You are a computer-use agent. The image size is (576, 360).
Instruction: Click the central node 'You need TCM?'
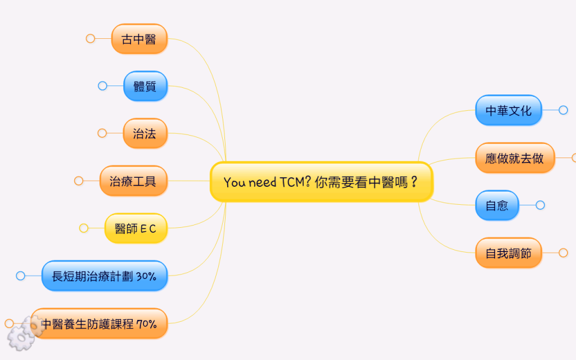pos(321,182)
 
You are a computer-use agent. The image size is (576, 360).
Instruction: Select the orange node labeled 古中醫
pos(139,39)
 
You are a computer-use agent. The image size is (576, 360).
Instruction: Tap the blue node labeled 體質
pos(146,86)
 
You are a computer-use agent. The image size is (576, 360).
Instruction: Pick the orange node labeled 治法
pos(145,133)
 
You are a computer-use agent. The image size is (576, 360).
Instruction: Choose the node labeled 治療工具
pos(133,181)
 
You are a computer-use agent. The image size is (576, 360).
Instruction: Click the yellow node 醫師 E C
pos(136,228)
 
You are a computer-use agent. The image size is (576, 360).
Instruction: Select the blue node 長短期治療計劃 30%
pos(104,276)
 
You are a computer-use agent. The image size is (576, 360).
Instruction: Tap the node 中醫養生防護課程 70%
pos(99,323)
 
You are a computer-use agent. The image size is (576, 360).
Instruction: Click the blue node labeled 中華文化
pos(508,110)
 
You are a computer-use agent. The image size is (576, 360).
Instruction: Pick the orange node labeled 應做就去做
pos(515,158)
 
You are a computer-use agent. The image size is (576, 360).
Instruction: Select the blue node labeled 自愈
pos(497,205)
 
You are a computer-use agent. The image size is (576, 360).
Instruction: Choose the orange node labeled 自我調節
pos(508,253)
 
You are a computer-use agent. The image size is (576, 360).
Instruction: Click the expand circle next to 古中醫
pos(91,39)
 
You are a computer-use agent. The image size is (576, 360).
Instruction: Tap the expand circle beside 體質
pos(102,86)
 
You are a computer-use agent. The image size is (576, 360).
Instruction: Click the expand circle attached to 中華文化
pos(563,110)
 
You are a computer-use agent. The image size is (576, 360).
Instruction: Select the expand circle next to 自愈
pos(540,205)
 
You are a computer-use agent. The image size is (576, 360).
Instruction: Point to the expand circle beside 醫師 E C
pos(84,228)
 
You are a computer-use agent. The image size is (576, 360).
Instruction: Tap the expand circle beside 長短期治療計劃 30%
pos(21,276)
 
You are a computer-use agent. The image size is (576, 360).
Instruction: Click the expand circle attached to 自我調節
pos(563,253)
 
